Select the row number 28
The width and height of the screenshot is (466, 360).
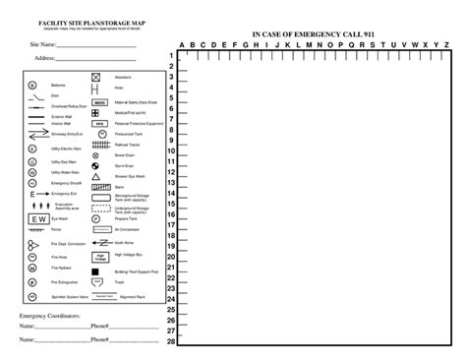[171, 342]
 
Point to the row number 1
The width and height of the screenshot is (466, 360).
[171, 56]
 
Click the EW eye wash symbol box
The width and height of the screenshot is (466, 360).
[40, 218]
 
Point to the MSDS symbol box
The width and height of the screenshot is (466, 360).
[99, 101]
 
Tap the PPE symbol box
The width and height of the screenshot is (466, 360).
[99, 123]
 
